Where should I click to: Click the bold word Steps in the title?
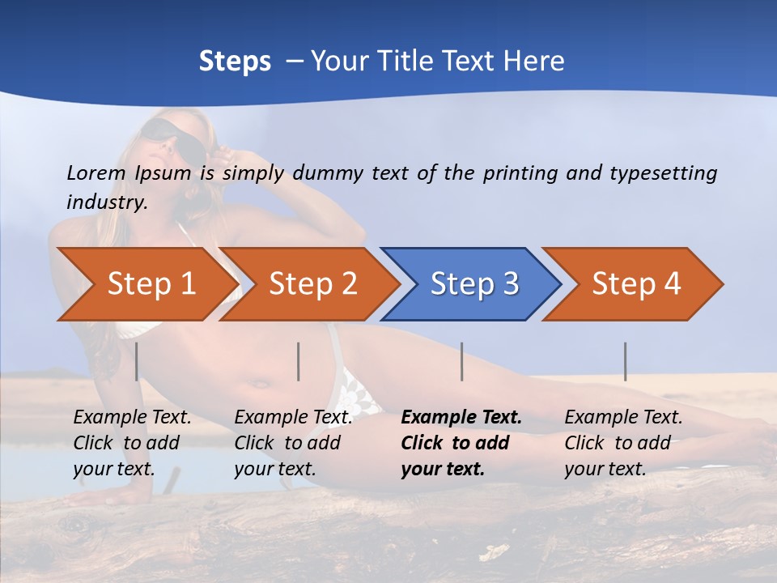click(x=235, y=62)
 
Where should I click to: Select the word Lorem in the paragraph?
click(x=96, y=172)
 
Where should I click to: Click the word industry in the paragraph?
click(x=106, y=202)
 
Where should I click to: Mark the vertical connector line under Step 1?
click(x=137, y=361)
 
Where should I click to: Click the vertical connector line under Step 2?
click(x=299, y=361)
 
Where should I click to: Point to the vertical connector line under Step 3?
click(x=462, y=361)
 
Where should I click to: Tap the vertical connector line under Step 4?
click(x=626, y=361)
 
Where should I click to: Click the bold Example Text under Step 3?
click(x=461, y=417)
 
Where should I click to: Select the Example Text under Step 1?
click(x=132, y=417)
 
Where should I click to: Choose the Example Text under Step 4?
click(x=623, y=417)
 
